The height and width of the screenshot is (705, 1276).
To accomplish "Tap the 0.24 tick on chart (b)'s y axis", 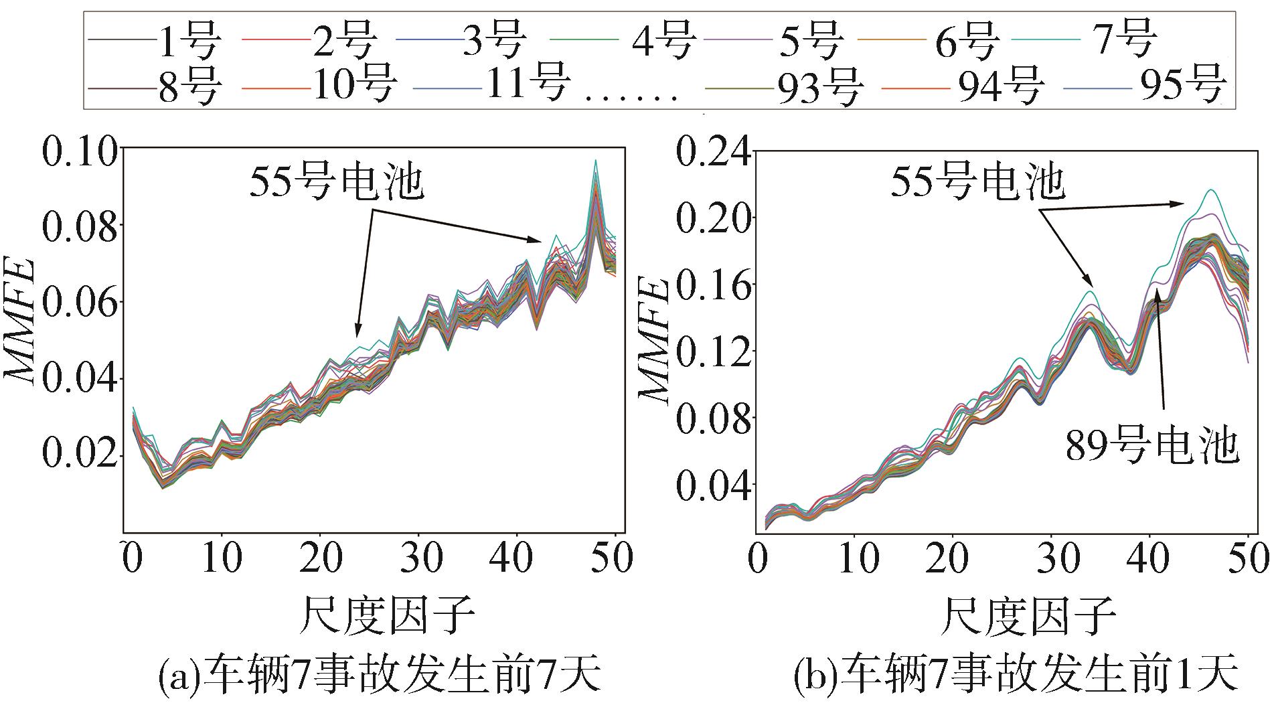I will pos(710,153).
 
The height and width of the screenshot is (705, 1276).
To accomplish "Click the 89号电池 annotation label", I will pos(1151,447).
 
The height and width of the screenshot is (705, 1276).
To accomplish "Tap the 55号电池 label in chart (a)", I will pos(337,182).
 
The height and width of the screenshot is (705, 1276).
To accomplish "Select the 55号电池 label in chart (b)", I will pos(977,181).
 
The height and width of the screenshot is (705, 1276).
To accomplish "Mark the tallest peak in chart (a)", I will pos(594,161).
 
